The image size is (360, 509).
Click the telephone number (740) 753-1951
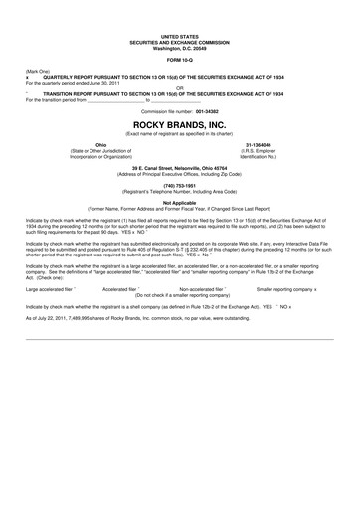tap(179, 184)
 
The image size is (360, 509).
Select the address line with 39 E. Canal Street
tap(179, 167)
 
